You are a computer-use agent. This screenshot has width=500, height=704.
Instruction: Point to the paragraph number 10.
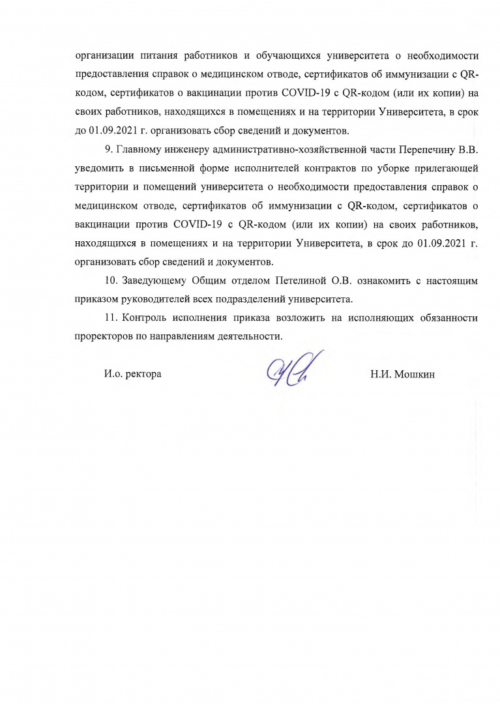pyautogui.click(x=111, y=282)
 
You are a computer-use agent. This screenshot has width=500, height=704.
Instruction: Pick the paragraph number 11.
pyautogui.click(x=110, y=319)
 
